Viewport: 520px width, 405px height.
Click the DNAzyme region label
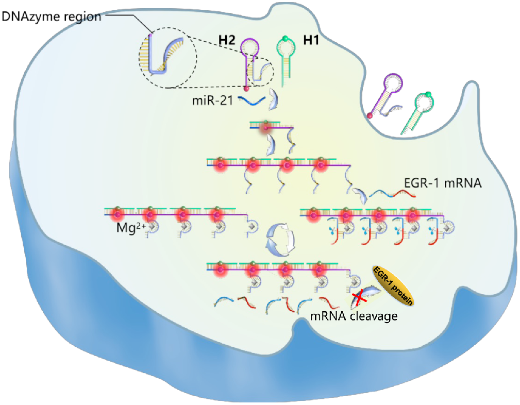(x=50, y=16)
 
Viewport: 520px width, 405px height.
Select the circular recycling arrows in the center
(x=279, y=240)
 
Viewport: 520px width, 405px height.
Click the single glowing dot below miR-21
(x=266, y=128)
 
